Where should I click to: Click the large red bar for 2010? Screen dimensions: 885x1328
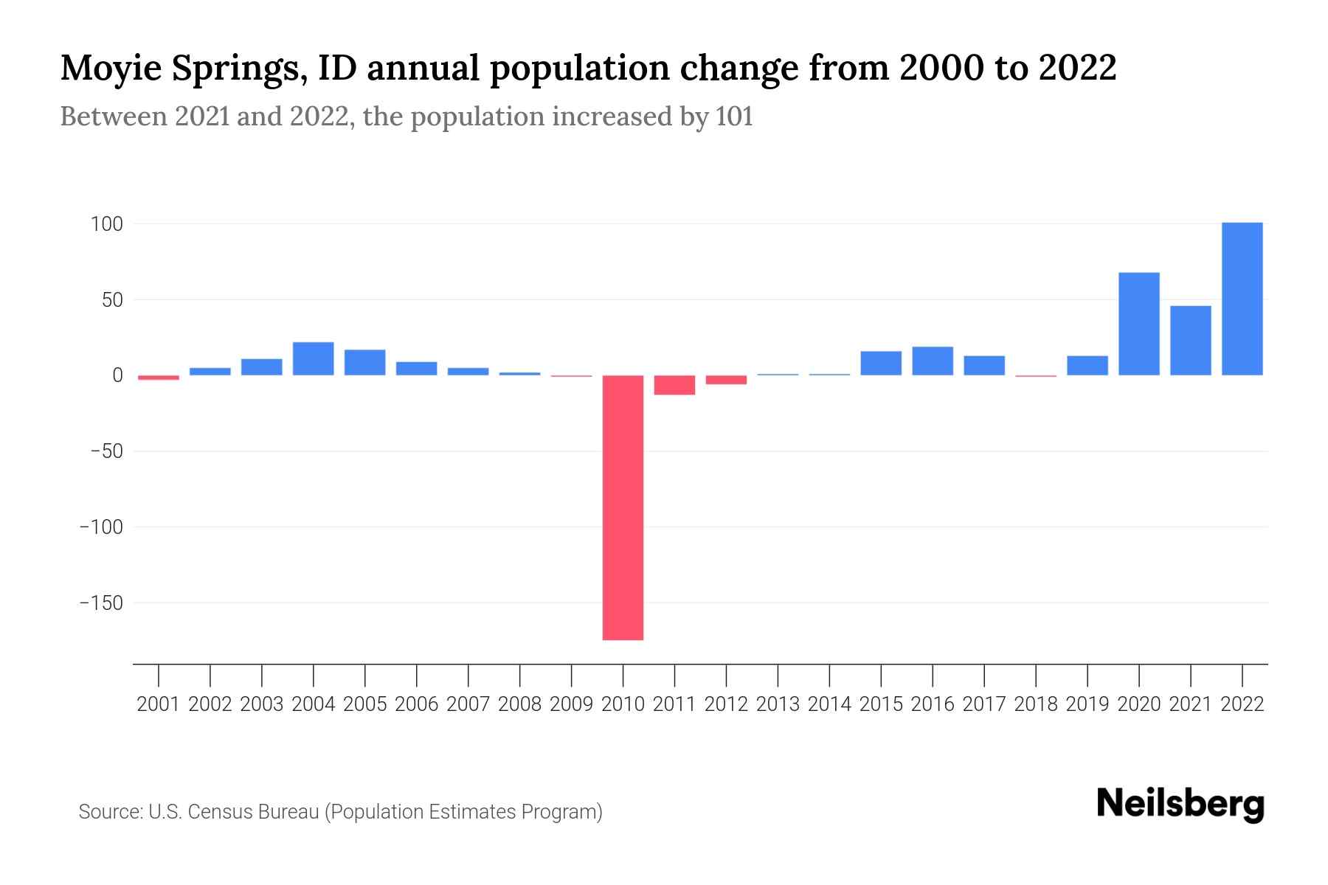coord(623,507)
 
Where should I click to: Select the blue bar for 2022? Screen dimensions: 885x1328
coord(1242,299)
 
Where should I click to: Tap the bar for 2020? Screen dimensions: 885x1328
coord(1138,324)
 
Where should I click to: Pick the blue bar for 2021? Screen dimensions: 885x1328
coord(1190,341)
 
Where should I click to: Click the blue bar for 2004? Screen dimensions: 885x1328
coord(313,358)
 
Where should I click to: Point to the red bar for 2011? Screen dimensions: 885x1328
coord(674,385)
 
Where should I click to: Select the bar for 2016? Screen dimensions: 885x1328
coord(933,361)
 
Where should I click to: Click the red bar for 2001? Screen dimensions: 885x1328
coord(159,378)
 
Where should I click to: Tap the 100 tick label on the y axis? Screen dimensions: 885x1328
coord(106,223)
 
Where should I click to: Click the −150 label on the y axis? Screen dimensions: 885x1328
coord(102,603)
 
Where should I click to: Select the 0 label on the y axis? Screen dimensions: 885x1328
coord(117,375)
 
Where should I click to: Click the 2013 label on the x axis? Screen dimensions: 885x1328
coord(778,704)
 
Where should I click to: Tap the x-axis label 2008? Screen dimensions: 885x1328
coord(519,704)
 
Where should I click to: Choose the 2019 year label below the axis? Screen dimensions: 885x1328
coord(1087,704)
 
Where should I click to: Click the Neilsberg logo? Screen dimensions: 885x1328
coord(1180,805)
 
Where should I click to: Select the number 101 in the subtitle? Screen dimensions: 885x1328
coord(733,117)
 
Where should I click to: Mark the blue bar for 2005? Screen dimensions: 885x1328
coord(364,362)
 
